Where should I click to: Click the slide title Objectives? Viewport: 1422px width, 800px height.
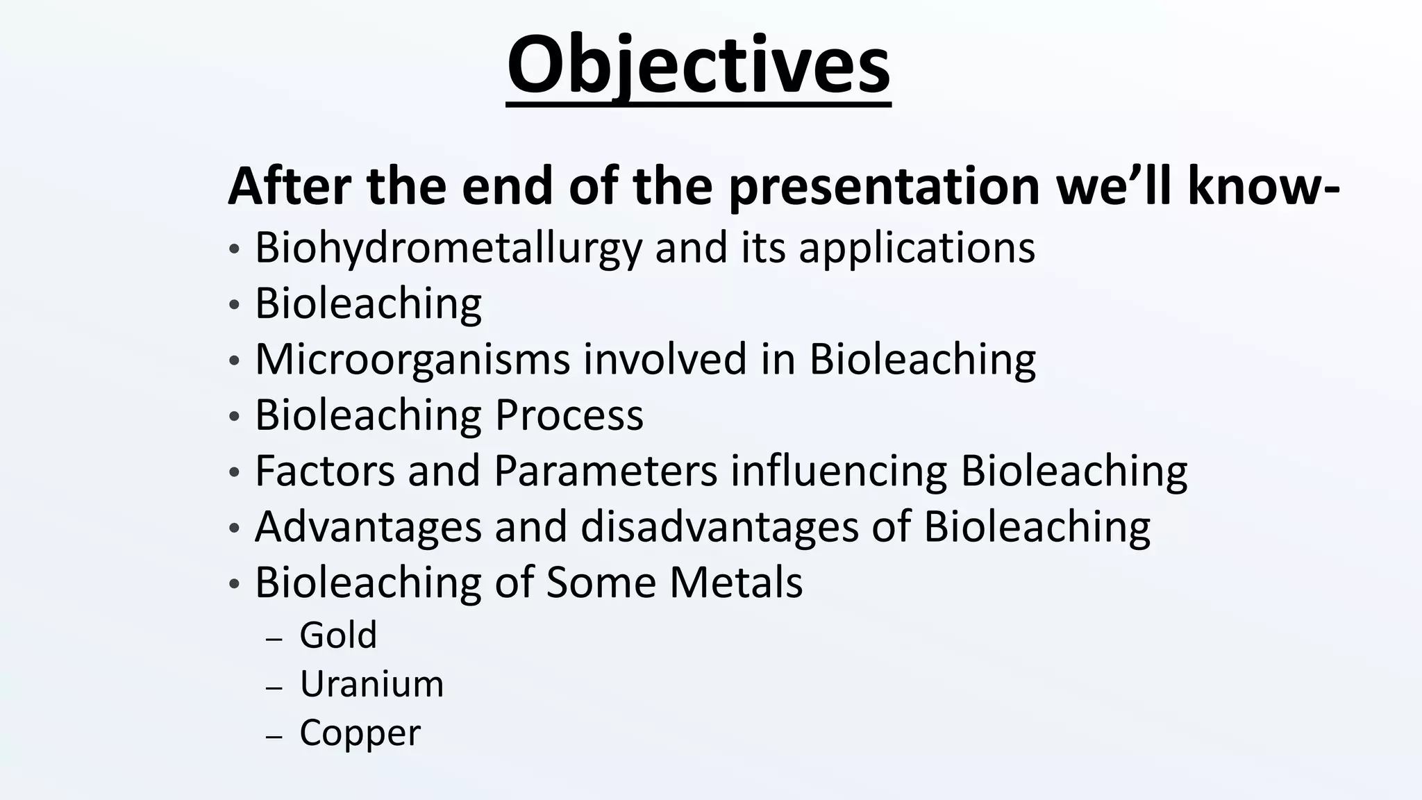(x=699, y=66)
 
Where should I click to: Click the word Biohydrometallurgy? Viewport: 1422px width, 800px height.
(x=449, y=249)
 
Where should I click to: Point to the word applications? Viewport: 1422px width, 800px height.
(x=917, y=249)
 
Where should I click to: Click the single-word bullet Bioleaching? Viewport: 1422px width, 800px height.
(x=368, y=304)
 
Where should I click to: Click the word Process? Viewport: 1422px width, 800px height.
(x=569, y=416)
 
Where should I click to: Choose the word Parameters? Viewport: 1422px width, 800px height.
(x=605, y=471)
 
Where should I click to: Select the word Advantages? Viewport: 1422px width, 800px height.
(x=368, y=527)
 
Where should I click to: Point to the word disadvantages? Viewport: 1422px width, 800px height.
(x=719, y=527)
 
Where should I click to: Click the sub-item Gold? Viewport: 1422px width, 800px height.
(x=338, y=635)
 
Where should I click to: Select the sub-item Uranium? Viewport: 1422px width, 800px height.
(x=371, y=685)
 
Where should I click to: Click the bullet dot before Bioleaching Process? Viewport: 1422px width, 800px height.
(x=234, y=417)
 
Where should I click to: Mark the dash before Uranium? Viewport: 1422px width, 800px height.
(x=274, y=688)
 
